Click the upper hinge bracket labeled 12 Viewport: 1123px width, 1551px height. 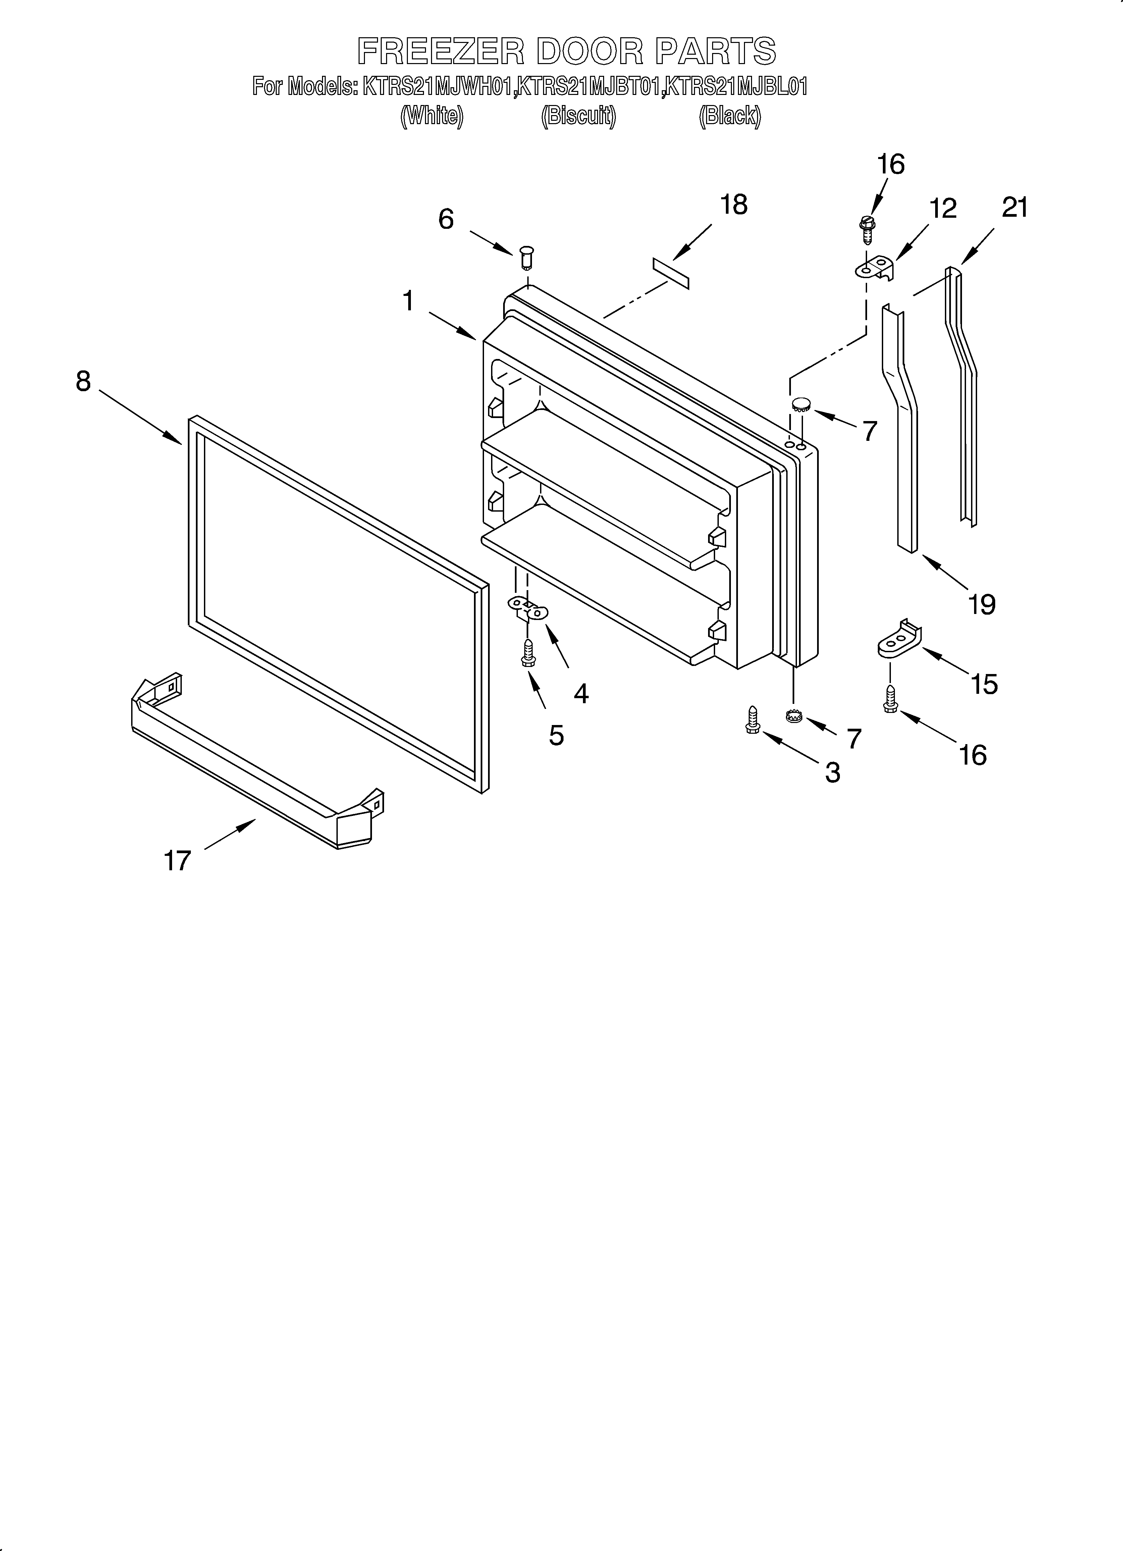point(875,269)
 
